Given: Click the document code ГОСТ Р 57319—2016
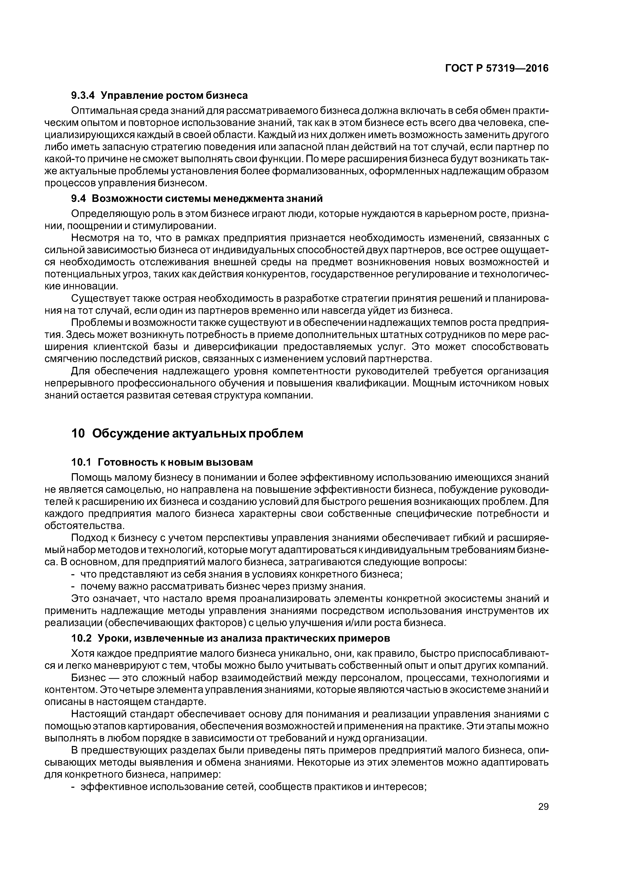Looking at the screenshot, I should tap(497, 69).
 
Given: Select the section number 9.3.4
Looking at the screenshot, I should tap(83, 95).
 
